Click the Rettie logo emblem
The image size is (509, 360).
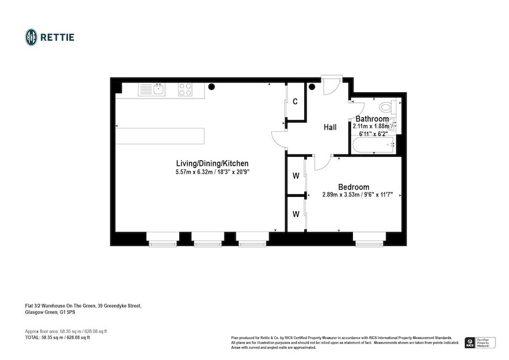(x=32, y=37)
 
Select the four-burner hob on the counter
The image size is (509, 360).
(x=186, y=89)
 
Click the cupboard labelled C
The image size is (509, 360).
(x=295, y=102)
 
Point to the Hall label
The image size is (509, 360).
(x=330, y=127)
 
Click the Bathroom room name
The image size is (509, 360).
(x=372, y=119)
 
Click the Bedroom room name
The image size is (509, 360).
(x=353, y=187)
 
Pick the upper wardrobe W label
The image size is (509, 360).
(x=295, y=176)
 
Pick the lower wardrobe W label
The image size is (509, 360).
(x=295, y=214)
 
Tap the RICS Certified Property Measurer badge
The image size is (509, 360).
(x=480, y=342)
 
